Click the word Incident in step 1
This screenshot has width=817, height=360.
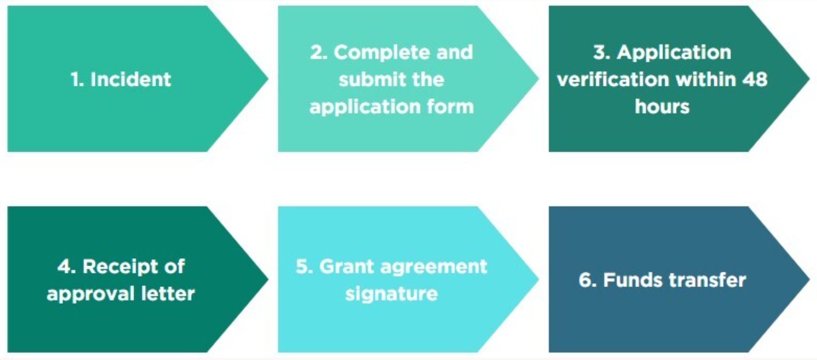[131, 80]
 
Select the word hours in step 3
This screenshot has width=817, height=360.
[662, 107]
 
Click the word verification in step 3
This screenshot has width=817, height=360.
[613, 80]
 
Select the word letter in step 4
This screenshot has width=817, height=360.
[168, 294]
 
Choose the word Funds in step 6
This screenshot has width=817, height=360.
[633, 280]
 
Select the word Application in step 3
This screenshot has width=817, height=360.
[674, 53]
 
